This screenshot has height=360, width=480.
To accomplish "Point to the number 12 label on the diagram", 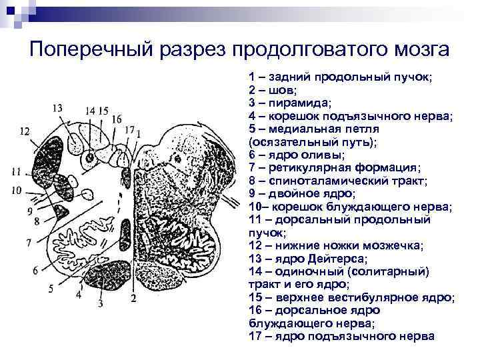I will pyautogui.click(x=24, y=131).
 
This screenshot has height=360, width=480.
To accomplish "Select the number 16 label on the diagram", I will pyautogui.click(x=117, y=119).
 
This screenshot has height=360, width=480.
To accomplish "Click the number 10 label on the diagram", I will pyautogui.click(x=17, y=191).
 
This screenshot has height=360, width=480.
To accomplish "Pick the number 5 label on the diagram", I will pyautogui.click(x=50, y=288).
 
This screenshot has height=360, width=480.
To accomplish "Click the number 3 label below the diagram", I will pyautogui.click(x=101, y=304).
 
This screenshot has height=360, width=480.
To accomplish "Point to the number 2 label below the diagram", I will pyautogui.click(x=133, y=298).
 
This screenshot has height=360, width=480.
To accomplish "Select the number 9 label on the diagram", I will pyautogui.click(x=30, y=211).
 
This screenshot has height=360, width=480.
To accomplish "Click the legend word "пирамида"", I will pyautogui.click(x=298, y=103).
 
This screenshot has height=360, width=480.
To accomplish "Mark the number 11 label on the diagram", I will pyautogui.click(x=17, y=171).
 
